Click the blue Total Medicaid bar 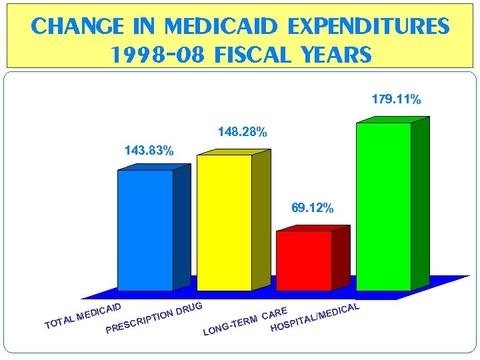coord(145,231)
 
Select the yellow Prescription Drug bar coord(224,223)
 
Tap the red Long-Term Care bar coord(303,261)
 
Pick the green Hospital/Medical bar coord(383,207)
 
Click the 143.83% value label coord(149,151)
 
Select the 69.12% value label coord(312,208)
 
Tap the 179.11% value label coord(396,100)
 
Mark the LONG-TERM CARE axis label coord(246,321)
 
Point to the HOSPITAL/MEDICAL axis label coord(316,317)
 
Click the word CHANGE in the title coord(76,27)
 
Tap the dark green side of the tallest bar coord(420,203)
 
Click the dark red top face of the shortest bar coord(313,229)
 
